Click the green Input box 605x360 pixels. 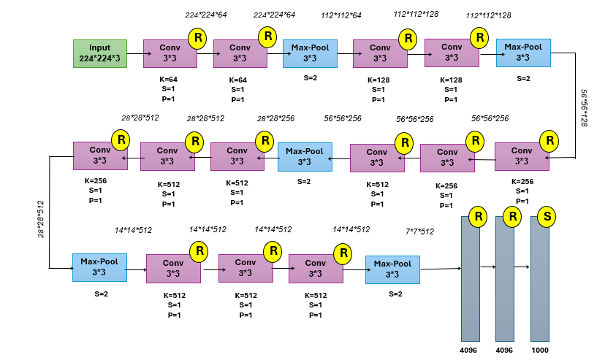point(100,53)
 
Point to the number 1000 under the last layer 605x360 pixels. point(540,350)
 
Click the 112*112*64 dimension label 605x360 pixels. point(342,15)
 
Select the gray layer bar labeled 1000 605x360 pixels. point(540,277)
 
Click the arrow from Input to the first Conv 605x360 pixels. point(135,53)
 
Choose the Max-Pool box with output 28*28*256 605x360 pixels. point(305,156)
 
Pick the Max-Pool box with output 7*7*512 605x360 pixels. point(392,269)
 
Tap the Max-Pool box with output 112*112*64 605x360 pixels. point(310,53)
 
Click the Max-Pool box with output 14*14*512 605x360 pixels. point(99,267)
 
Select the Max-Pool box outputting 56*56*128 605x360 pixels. point(523,53)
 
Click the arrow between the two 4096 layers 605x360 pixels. point(487,267)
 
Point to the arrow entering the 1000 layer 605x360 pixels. point(522,267)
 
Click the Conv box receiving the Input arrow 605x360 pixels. point(170,53)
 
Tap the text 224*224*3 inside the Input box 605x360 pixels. point(100,58)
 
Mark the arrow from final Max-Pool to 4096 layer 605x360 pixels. point(441,269)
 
